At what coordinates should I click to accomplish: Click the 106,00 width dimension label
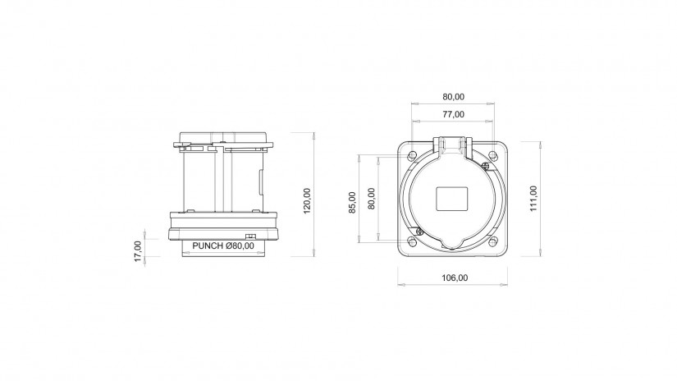(455, 278)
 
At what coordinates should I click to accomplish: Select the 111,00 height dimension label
(533, 199)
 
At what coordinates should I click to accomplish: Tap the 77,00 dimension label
(453, 114)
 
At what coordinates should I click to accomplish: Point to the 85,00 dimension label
(352, 202)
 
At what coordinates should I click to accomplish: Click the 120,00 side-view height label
(307, 201)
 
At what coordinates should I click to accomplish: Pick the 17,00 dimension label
(138, 251)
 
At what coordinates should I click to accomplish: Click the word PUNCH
(208, 246)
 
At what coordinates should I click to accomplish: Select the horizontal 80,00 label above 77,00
(453, 97)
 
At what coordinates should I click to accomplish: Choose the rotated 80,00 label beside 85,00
(371, 198)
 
